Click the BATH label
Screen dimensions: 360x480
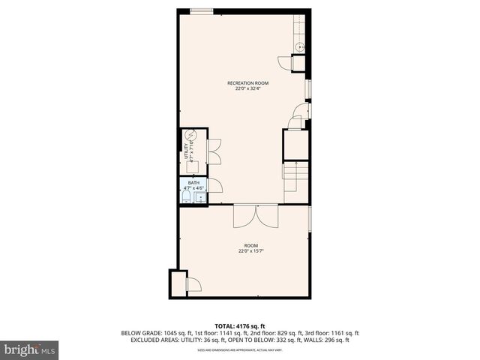tap(193, 182)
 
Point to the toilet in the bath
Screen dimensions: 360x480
tap(186, 197)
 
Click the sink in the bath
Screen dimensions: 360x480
tap(200, 198)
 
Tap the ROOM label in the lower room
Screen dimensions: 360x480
tap(250, 246)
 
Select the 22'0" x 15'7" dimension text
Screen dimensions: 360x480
tap(250, 251)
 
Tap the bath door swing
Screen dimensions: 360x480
tap(214, 186)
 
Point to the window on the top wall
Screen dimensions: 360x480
tap(200, 10)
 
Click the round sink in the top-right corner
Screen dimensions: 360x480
tap(299, 46)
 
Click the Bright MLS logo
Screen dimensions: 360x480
tap(30, 349)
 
